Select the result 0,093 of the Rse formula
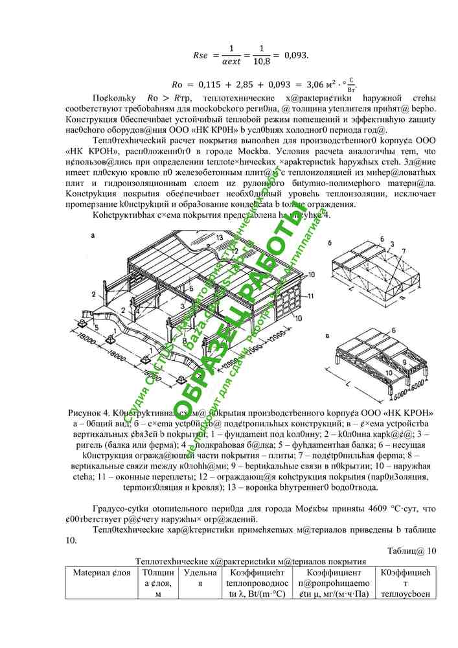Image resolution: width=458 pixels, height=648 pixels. click(x=296, y=54)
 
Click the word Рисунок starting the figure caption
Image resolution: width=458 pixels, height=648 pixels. click(x=87, y=413)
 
